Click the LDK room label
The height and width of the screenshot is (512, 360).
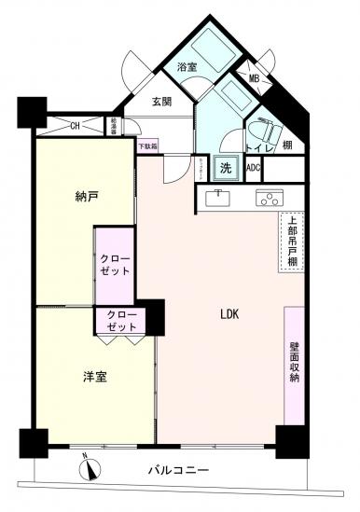[229, 314]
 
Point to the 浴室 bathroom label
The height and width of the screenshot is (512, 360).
[187, 67]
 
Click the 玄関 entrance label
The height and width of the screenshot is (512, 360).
[164, 102]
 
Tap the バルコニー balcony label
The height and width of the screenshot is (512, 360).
[177, 471]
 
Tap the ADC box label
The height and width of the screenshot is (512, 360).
[253, 168]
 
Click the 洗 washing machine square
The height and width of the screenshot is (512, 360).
[225, 168]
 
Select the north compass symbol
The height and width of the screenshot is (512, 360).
[90, 467]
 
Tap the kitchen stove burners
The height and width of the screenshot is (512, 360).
[270, 197]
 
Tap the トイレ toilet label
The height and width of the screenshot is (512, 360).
[257, 147]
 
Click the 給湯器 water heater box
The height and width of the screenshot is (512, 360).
[112, 124]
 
